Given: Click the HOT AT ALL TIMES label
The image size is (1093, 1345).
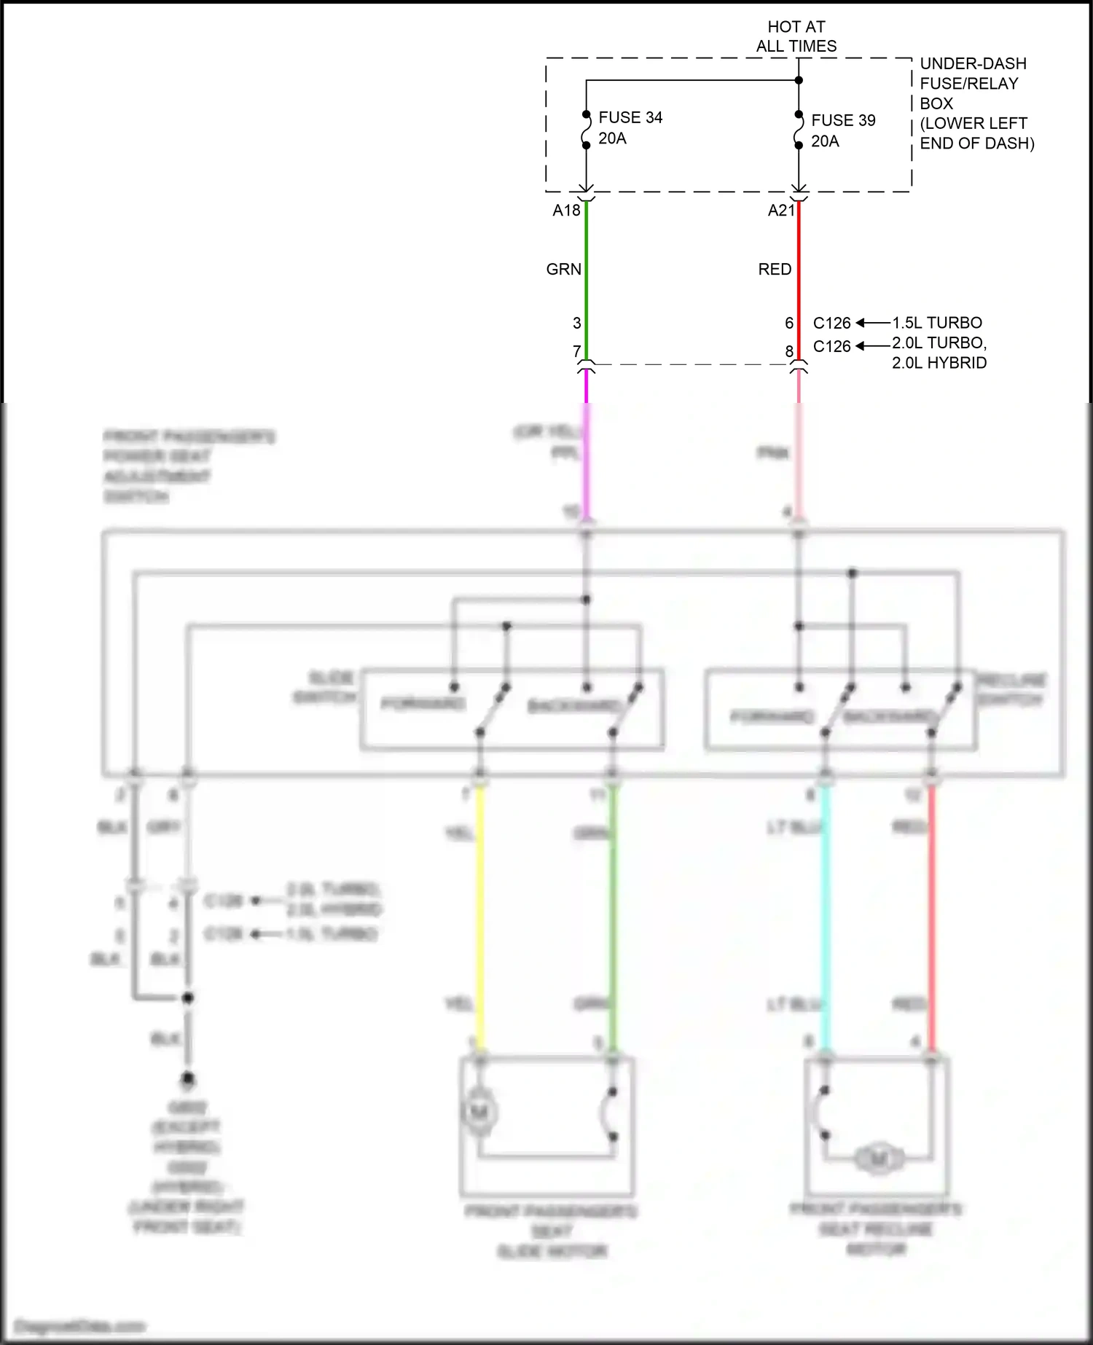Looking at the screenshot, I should tap(796, 36).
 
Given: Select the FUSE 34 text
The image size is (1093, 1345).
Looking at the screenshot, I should tap(630, 117).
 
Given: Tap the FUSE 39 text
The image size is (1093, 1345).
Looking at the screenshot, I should tap(843, 120).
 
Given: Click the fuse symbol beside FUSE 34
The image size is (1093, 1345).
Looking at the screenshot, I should tap(586, 130).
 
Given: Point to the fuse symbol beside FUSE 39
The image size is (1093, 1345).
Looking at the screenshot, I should tap(799, 130).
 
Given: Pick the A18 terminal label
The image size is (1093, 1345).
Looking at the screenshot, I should tap(566, 211).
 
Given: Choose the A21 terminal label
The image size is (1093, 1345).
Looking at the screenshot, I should tap(781, 211).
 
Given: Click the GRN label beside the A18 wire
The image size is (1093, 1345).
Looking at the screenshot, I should tap(564, 270).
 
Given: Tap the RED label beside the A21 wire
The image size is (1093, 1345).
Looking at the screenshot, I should tap(775, 270).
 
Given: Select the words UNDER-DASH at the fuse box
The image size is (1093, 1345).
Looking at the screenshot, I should tap(973, 63).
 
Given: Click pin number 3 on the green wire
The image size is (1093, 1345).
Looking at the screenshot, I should tap(576, 323).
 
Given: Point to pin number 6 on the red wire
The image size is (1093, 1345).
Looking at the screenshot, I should tap(789, 323).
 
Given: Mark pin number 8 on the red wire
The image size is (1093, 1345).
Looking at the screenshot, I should tap(789, 351).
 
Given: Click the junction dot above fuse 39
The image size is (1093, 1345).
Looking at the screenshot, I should tap(799, 80).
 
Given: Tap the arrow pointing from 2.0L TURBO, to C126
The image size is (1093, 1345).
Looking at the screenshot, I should tap(872, 345).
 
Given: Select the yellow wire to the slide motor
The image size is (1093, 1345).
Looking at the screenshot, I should tap(479, 918).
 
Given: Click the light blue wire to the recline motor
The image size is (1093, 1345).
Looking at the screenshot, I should tap(825, 918).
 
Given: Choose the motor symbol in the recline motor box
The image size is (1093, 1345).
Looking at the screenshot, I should tap(879, 1158).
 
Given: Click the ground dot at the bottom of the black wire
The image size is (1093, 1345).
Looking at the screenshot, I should tap(188, 1078).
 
